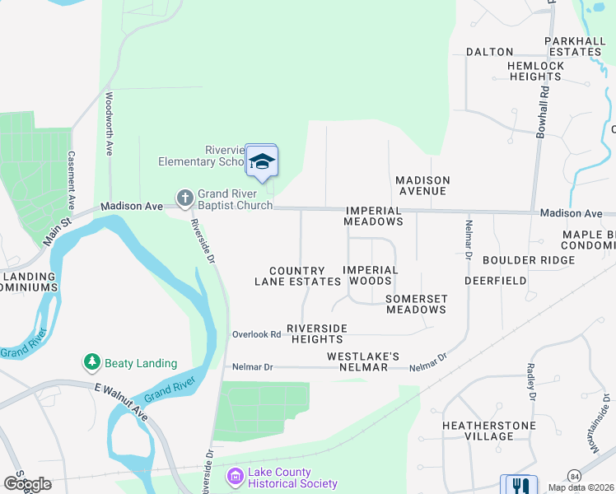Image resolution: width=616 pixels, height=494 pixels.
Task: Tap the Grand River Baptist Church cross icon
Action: (184, 198)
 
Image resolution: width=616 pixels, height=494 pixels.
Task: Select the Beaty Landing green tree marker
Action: (91, 362)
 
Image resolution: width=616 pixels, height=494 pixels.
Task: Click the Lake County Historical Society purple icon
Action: (235, 477)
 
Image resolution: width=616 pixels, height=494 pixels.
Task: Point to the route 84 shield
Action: (574, 477)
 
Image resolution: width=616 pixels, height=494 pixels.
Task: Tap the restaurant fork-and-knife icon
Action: (519, 487)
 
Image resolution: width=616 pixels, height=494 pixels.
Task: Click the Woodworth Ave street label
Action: (110, 123)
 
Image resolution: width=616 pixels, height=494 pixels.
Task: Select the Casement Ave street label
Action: (72, 179)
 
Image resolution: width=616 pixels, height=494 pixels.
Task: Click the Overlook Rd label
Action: (256, 334)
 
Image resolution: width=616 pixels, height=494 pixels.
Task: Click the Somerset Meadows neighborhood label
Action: (416, 304)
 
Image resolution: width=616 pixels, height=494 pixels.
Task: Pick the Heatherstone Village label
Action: (488, 431)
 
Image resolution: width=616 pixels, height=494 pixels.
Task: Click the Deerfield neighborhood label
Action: (495, 280)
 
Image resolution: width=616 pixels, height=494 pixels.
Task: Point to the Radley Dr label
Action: (532, 384)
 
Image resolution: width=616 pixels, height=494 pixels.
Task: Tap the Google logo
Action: (26, 484)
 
